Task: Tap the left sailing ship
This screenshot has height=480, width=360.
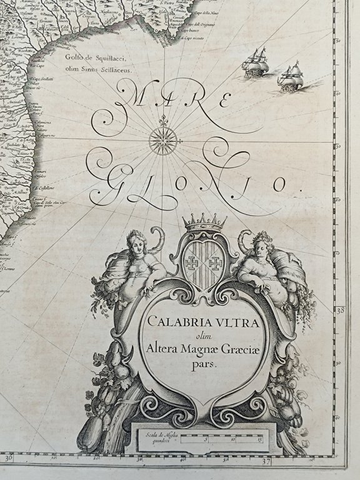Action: (x=255, y=62)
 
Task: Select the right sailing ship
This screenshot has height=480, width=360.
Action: (x=291, y=77)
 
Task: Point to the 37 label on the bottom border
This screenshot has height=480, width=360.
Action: (x=265, y=463)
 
